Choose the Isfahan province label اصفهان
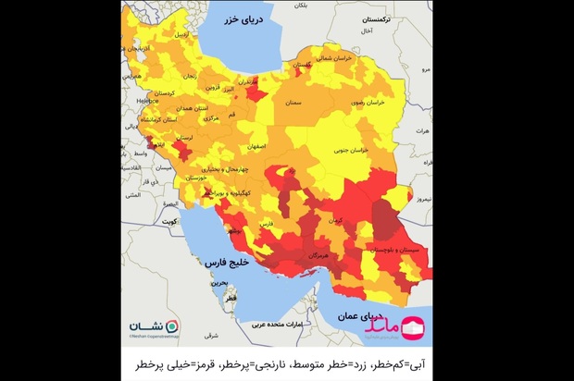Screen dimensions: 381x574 click(x=256, y=147)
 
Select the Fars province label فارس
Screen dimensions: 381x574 click(x=266, y=225)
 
